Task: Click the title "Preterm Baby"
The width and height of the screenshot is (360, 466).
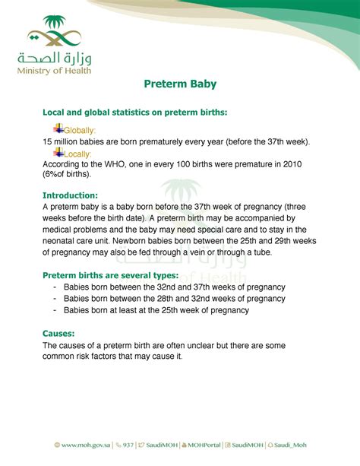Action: pyautogui.click(x=179, y=84)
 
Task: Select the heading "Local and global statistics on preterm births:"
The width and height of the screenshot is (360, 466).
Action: pyautogui.click(x=134, y=113)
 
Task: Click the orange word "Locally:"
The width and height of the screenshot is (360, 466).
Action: pyautogui.click(x=77, y=154)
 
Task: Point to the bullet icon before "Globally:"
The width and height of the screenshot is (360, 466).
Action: pyautogui.click(x=58, y=128)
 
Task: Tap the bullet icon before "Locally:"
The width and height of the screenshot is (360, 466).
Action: pyautogui.click(x=58, y=152)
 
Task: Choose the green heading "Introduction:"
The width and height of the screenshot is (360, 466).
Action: pyautogui.click(x=70, y=195)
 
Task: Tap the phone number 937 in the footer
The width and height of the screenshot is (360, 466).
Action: pyautogui.click(x=128, y=445)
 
